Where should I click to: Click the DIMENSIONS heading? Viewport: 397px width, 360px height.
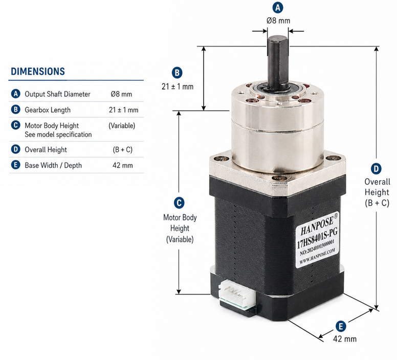point(38,72)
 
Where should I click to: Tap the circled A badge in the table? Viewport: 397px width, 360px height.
point(16,94)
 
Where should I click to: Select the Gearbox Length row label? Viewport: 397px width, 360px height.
point(48,110)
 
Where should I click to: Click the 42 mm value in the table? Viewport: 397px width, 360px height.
point(123,166)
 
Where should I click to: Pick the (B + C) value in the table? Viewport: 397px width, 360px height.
point(123,150)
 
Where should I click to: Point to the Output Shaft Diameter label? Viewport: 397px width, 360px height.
point(57,94)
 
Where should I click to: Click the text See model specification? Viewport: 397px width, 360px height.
point(58,134)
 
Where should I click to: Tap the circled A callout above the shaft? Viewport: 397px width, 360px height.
point(278,8)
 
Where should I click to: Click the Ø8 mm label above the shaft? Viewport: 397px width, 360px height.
point(278,20)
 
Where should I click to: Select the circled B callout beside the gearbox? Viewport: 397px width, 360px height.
point(177,73)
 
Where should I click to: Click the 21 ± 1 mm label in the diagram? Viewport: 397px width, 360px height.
point(178,86)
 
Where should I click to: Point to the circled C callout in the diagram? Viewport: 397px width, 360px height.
point(179,203)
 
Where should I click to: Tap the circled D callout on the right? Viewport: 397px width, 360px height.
point(376,169)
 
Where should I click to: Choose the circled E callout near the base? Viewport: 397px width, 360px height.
point(341,326)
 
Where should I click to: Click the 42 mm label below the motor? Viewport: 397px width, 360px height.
point(345,339)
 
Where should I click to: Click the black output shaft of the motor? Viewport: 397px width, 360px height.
point(277,62)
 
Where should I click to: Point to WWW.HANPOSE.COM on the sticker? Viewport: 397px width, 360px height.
point(317,256)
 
